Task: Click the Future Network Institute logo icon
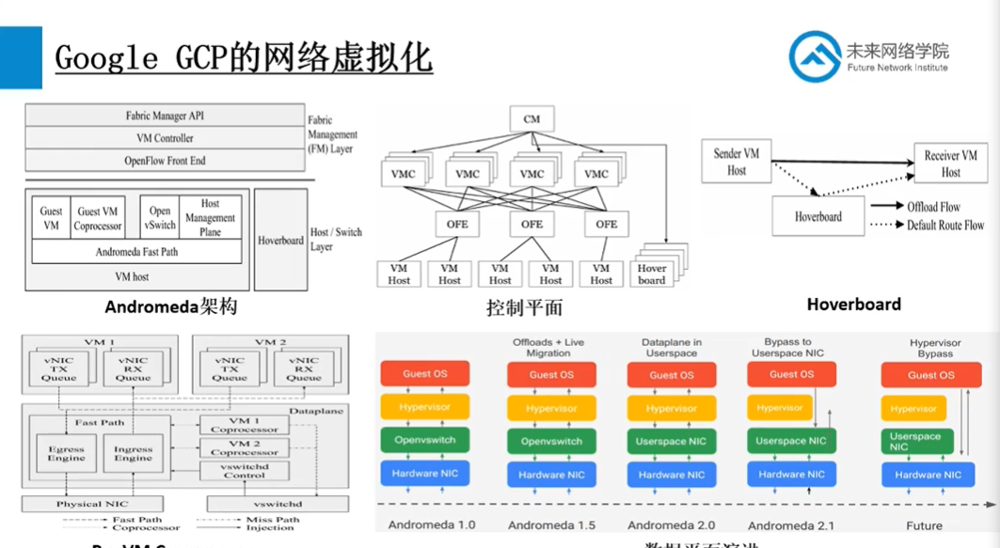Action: (x=815, y=56)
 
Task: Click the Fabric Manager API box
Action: (x=165, y=116)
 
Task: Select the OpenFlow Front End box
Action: (x=165, y=161)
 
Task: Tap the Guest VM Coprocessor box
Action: (x=99, y=218)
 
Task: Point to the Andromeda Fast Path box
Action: (x=136, y=252)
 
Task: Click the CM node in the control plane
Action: (x=532, y=119)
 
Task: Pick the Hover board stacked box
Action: (x=653, y=273)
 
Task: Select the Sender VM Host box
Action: (x=736, y=162)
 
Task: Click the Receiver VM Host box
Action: (x=950, y=164)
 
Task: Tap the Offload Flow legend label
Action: (x=934, y=207)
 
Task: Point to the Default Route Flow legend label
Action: (x=944, y=226)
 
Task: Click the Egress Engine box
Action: (x=66, y=454)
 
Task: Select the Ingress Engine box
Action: (x=134, y=454)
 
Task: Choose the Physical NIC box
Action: (x=91, y=504)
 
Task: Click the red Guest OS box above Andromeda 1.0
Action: (x=425, y=374)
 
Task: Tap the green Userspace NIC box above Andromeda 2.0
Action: (x=672, y=441)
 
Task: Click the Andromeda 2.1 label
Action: (x=791, y=525)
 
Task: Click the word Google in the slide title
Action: (x=110, y=57)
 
